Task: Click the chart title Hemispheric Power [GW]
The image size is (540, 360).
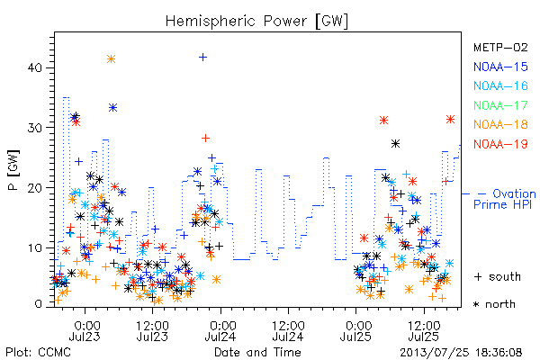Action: coord(256,22)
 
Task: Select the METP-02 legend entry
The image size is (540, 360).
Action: coord(500,47)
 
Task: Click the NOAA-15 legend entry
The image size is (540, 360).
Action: coord(500,67)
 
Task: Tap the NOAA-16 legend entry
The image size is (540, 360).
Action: coord(500,85)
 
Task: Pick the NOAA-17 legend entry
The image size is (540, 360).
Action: coord(500,105)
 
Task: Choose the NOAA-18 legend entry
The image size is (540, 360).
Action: coord(500,124)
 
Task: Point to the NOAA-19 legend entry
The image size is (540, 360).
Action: coord(500,144)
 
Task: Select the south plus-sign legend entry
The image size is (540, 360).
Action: coord(498,276)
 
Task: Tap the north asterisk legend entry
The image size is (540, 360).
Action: coord(494,304)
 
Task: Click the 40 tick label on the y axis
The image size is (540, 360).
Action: coord(35,67)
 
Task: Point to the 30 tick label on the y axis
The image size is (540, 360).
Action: coord(35,128)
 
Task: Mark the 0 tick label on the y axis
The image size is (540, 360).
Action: coord(38,304)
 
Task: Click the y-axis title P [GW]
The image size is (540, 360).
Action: coord(14,170)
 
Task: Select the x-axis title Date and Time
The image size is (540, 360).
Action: coord(257,353)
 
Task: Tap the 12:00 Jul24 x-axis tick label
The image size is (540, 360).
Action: coord(288,330)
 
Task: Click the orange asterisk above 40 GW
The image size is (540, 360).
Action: coord(111,59)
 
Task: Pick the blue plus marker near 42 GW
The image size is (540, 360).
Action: coord(202,57)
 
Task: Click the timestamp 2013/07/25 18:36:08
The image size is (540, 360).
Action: coord(461,353)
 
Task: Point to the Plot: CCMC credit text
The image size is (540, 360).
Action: coord(38,353)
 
